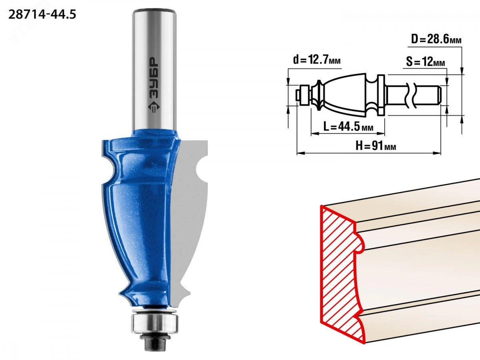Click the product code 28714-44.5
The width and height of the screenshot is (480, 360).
click(x=42, y=15)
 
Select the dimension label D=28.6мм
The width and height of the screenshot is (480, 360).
click(x=436, y=40)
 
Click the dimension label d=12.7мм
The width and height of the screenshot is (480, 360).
click(x=317, y=60)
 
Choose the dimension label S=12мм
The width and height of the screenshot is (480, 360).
click(x=426, y=62)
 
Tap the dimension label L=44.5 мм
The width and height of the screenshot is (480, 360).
click(x=348, y=126)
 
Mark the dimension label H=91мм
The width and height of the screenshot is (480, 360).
click(x=376, y=146)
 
